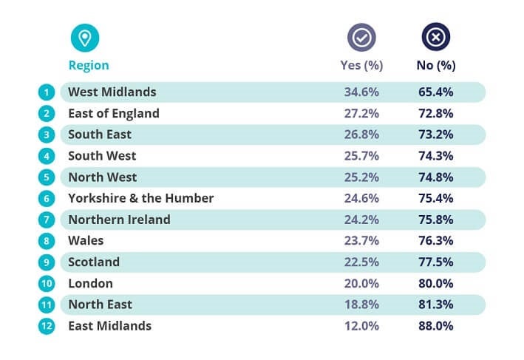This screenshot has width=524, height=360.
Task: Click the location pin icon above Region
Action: tap(84, 38)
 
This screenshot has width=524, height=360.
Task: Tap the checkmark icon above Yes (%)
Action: tap(362, 38)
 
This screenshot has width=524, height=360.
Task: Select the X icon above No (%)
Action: tap(435, 38)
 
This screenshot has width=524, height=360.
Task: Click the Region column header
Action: tap(89, 65)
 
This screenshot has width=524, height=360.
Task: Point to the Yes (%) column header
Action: tap(361, 65)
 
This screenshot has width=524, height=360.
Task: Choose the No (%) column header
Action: tap(436, 65)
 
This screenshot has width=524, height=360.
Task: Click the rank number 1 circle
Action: tap(46, 92)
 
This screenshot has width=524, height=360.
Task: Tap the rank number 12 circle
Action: tap(46, 326)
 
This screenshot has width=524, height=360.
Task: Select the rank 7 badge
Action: tap(46, 220)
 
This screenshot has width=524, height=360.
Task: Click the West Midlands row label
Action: tap(112, 92)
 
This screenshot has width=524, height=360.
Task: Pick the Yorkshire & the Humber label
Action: tap(140, 198)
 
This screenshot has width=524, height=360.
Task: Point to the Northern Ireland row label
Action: tap(119, 220)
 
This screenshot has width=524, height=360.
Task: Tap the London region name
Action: tap(90, 283)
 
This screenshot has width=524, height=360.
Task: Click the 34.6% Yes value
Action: tap(361, 92)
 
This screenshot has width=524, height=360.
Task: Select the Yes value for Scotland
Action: tap(361, 262)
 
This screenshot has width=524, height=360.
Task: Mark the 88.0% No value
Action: tap(435, 326)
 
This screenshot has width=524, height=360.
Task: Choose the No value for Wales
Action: tap(435, 241)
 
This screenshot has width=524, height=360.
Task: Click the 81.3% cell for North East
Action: tap(435, 305)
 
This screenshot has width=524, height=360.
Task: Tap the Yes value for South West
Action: tap(361, 156)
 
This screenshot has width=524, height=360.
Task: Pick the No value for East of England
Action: tap(435, 114)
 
